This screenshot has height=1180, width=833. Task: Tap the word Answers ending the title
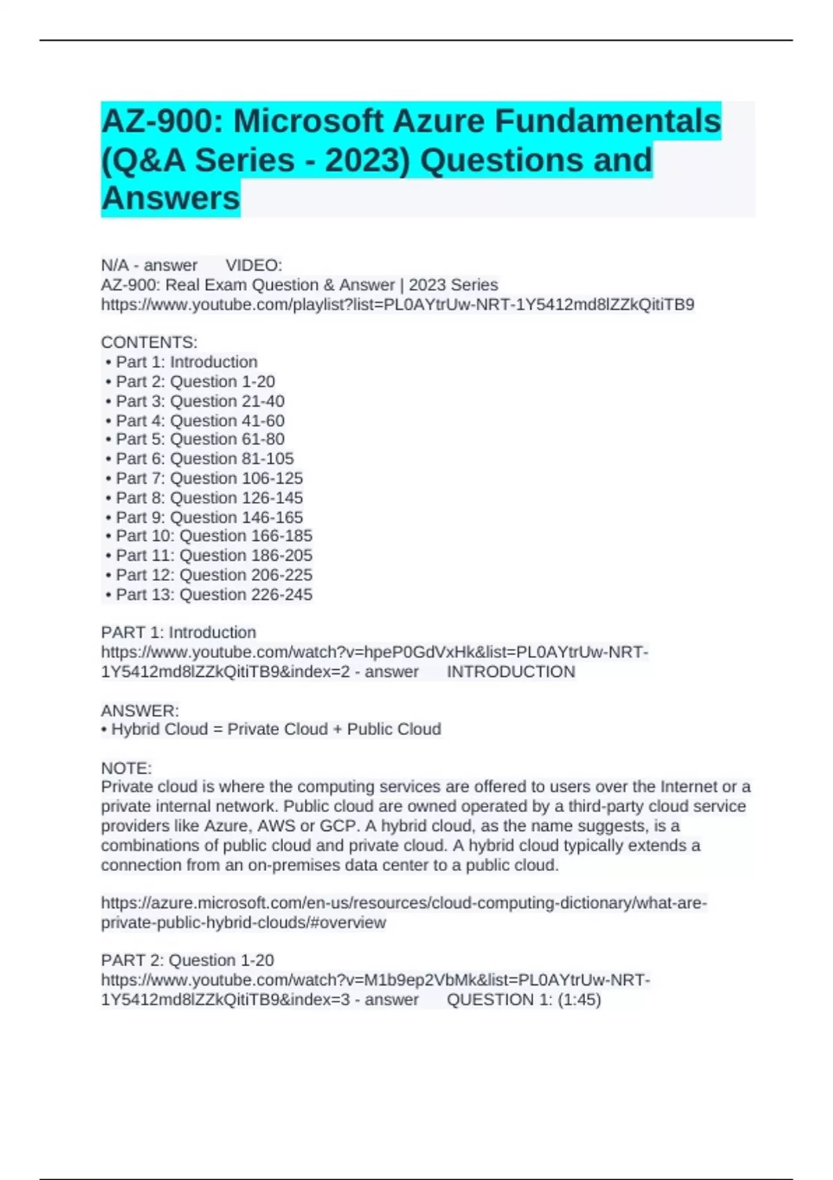(x=171, y=199)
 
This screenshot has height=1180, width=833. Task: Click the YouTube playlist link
(x=397, y=305)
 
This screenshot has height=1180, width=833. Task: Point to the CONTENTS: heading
(x=149, y=342)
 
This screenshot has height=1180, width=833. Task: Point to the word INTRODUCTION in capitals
(x=511, y=672)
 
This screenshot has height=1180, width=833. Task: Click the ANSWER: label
(x=140, y=711)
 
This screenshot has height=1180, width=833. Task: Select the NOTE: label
(x=126, y=768)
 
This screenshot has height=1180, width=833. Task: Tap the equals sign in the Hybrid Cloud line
(x=217, y=730)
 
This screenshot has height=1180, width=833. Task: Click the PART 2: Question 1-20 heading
(x=187, y=960)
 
